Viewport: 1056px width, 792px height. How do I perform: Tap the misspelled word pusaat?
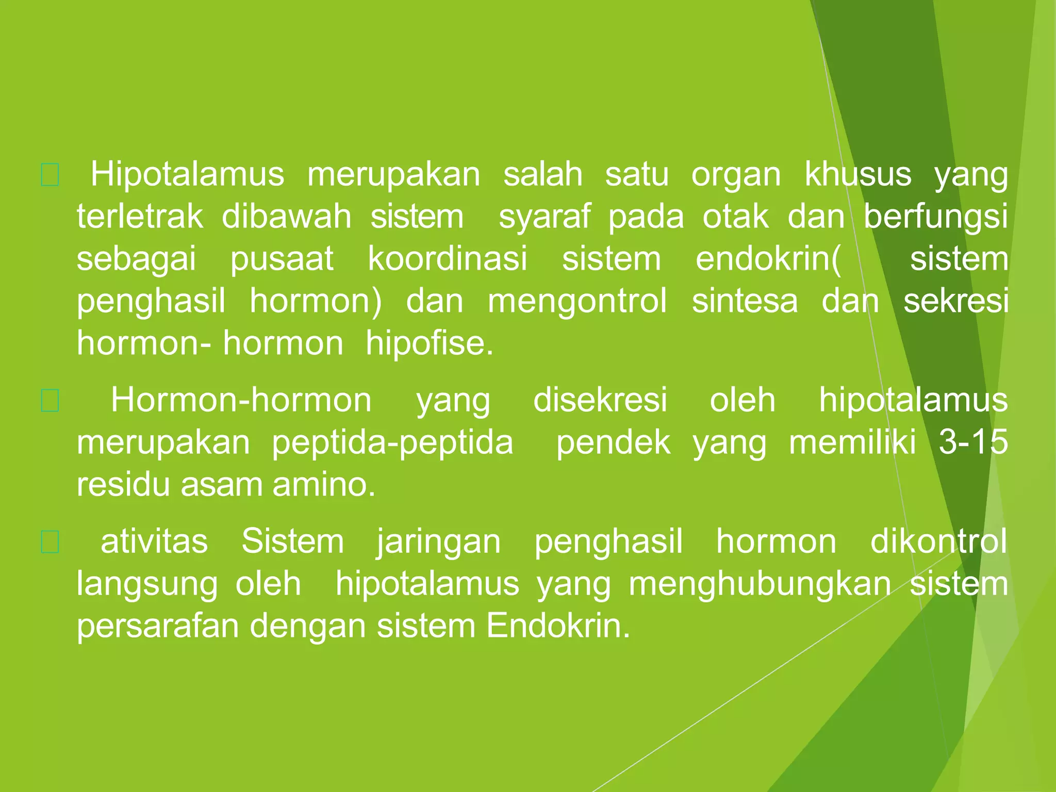click(282, 259)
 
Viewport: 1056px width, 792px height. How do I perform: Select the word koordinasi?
click(448, 259)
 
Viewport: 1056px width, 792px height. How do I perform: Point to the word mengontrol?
click(577, 301)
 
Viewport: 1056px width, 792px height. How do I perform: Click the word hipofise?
click(429, 343)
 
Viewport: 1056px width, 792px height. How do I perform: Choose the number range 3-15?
click(973, 442)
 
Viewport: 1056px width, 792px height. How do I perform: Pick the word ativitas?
click(154, 541)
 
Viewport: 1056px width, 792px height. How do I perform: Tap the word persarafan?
click(158, 626)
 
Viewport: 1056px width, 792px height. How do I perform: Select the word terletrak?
click(140, 217)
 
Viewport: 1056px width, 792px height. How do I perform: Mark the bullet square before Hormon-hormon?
click(50, 401)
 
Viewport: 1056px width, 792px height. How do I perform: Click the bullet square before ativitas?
click(50, 542)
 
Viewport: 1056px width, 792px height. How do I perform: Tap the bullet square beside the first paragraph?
click(50, 175)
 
